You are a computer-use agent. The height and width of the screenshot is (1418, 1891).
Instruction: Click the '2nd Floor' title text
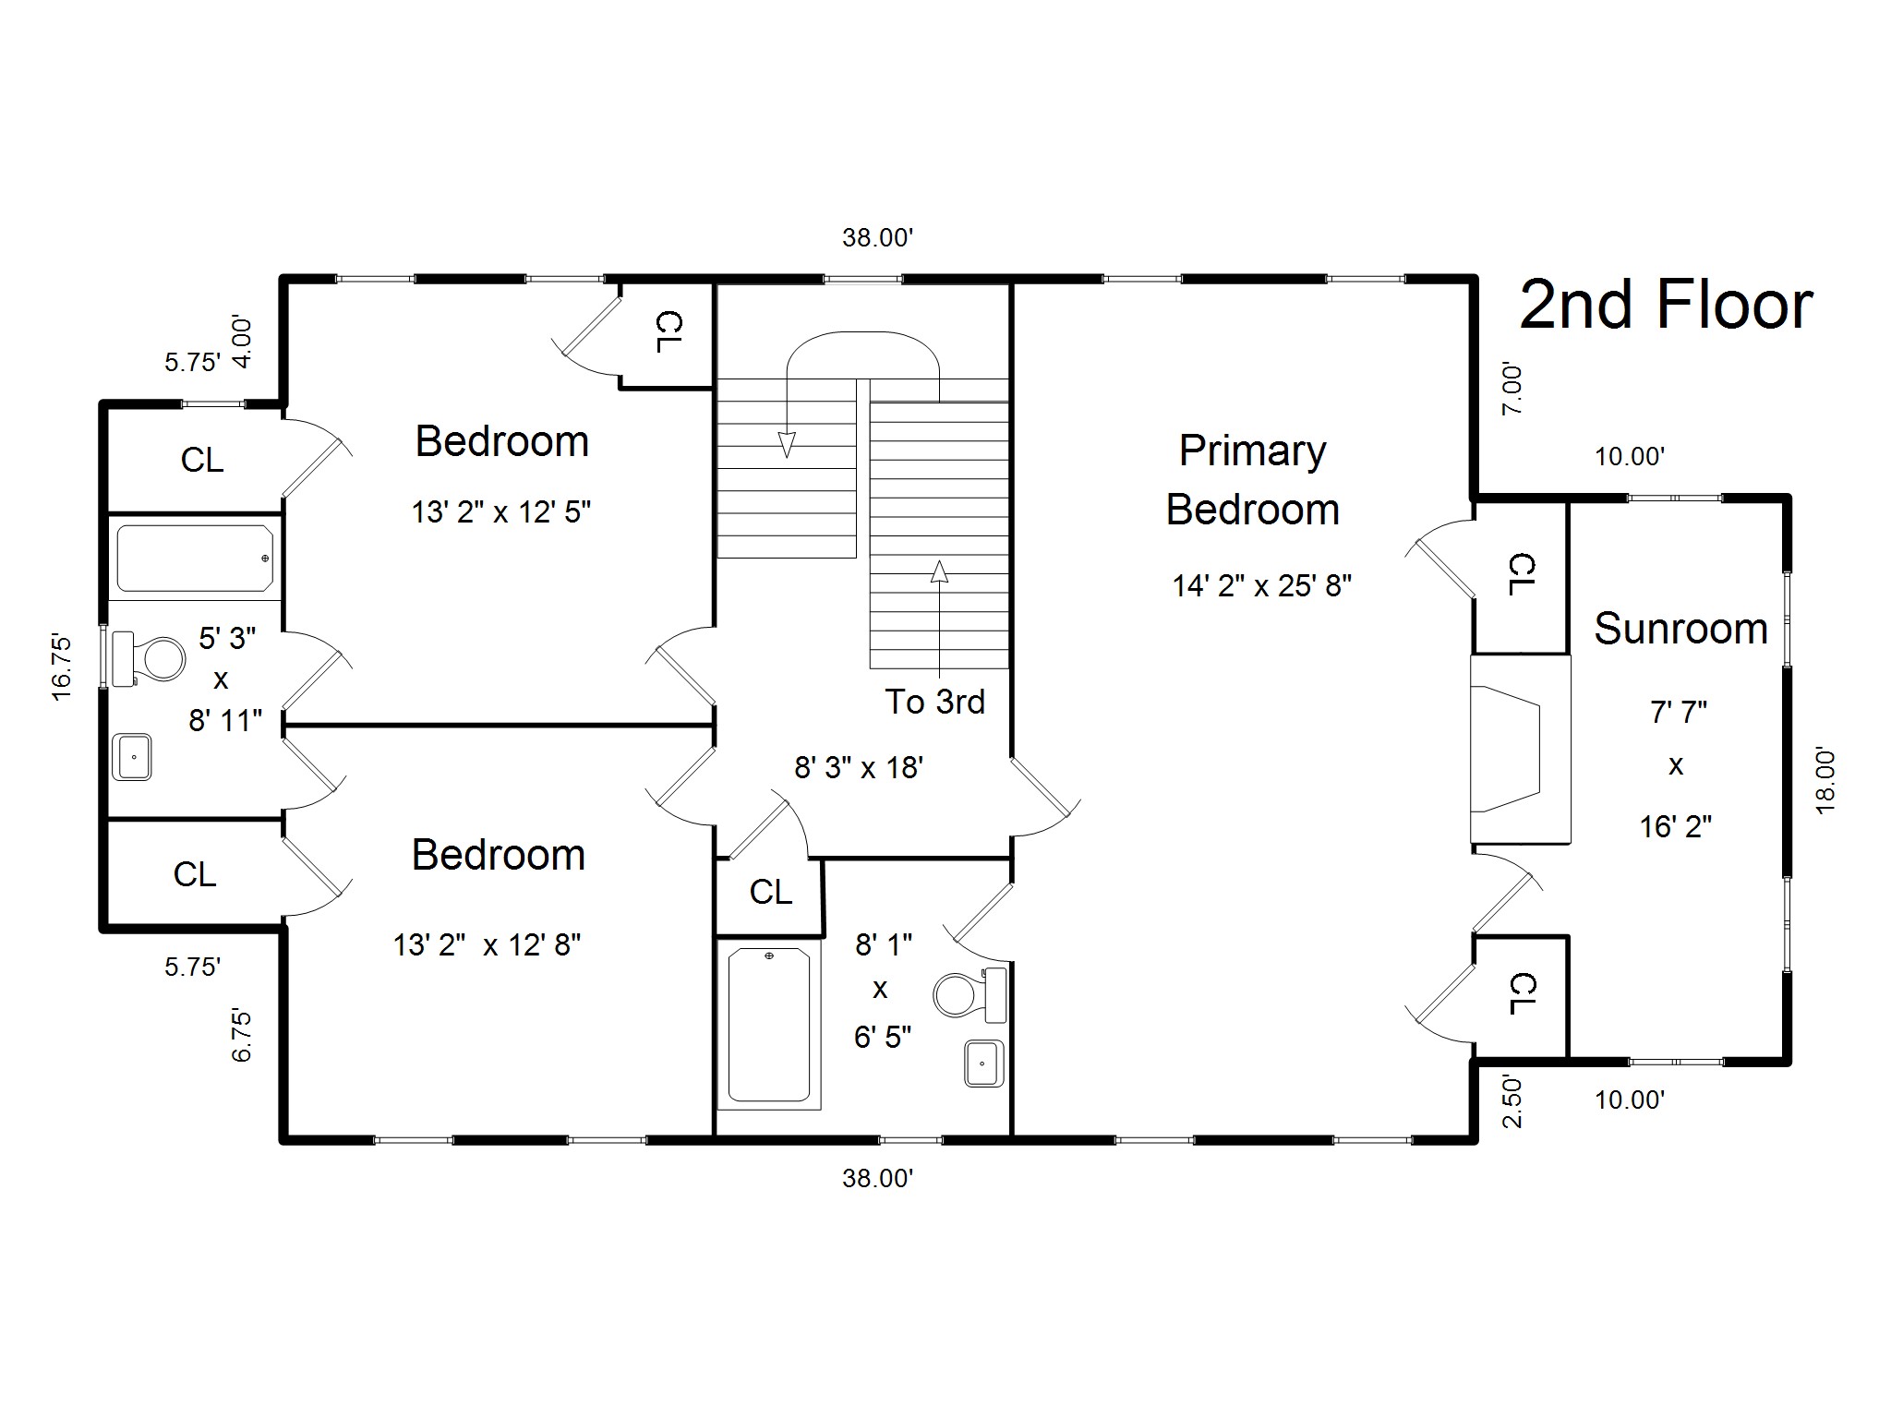pyautogui.click(x=1666, y=306)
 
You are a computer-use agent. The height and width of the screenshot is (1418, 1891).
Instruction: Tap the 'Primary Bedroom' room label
pyautogui.click(x=1253, y=480)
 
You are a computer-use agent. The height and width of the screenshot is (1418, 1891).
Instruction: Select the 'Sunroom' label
pyautogui.click(x=1680, y=629)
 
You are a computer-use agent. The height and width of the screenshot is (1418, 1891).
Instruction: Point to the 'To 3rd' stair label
pyautogui.click(x=934, y=702)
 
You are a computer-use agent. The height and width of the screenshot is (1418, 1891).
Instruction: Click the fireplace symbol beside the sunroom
pyautogui.click(x=1520, y=749)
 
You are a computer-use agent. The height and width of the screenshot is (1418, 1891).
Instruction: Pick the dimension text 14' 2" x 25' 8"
pyautogui.click(x=1262, y=586)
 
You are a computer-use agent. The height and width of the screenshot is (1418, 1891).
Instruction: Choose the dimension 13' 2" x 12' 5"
pyautogui.click(x=501, y=511)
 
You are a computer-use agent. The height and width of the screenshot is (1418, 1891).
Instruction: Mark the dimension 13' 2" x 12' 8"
pyautogui.click(x=487, y=944)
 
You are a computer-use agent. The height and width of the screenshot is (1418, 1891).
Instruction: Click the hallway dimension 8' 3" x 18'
pyautogui.click(x=859, y=767)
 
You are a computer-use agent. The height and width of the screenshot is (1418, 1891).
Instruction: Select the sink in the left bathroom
pyautogui.click(x=132, y=757)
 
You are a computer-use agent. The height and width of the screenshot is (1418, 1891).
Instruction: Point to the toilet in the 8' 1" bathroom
pyautogui.click(x=970, y=994)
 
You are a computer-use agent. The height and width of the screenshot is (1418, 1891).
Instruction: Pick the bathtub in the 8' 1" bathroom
pyautogui.click(x=769, y=1025)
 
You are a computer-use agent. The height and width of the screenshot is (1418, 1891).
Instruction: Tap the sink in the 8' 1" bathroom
pyautogui.click(x=984, y=1063)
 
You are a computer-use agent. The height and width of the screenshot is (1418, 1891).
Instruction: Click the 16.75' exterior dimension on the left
pyautogui.click(x=61, y=667)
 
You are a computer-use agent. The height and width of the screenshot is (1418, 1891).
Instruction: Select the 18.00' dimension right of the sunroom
pyautogui.click(x=1825, y=781)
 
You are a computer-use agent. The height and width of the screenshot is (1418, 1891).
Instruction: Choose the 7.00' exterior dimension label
pyautogui.click(x=1512, y=389)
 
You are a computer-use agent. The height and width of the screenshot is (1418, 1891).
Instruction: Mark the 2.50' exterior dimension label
pyautogui.click(x=1512, y=1100)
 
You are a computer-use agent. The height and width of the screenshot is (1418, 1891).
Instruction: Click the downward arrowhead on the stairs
pyautogui.click(x=787, y=445)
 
